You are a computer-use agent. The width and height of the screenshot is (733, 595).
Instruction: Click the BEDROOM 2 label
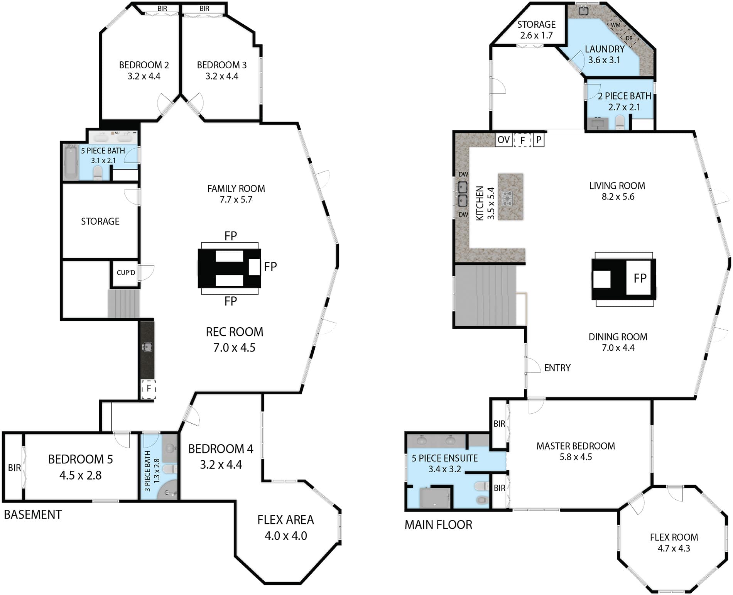point(144,65)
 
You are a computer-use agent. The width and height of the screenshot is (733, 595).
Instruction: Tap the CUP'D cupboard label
point(126,273)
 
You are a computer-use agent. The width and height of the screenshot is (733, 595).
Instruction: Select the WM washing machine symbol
point(616,25)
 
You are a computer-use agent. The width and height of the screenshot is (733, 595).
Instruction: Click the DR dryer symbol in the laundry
point(629,38)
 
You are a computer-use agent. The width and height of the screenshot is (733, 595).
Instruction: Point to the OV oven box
point(503,140)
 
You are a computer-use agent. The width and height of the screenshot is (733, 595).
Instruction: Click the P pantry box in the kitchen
point(539,140)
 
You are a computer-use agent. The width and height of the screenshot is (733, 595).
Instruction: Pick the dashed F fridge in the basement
point(149,389)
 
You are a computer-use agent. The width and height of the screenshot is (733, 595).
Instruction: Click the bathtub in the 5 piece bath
point(71,162)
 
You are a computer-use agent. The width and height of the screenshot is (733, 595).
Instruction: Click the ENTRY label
point(557,368)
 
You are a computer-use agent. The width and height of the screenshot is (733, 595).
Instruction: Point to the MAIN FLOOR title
point(438,525)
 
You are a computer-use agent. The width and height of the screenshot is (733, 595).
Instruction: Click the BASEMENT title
point(33,514)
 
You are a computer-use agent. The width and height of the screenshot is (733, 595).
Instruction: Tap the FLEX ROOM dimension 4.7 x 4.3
point(674,548)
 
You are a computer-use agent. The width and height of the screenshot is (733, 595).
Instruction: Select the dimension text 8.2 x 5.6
point(618,197)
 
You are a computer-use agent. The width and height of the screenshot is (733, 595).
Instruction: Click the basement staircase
point(123,304)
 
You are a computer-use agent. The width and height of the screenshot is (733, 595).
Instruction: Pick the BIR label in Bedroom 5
point(15,468)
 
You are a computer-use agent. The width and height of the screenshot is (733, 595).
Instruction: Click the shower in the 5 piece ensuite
point(435,498)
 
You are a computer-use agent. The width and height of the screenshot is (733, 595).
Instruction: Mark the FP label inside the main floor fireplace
point(640,278)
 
